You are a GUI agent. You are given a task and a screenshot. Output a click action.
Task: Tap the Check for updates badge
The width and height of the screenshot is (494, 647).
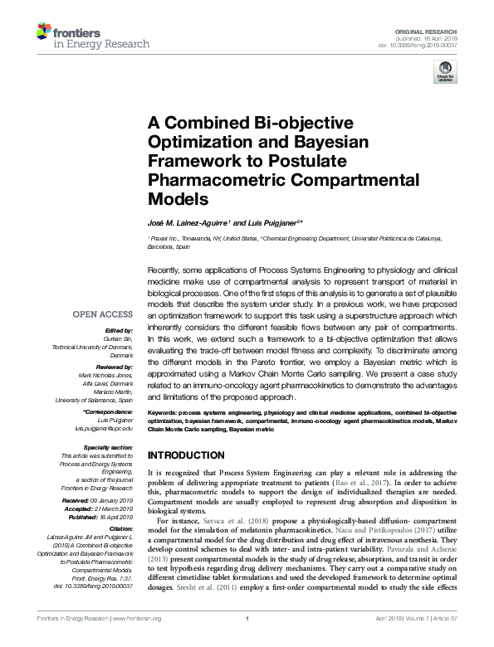(x=445, y=75)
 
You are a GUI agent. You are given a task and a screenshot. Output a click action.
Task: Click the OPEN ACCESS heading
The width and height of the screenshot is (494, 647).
(x=102, y=315)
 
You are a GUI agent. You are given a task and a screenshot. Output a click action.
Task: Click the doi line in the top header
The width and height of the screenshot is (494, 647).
(x=434, y=45)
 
